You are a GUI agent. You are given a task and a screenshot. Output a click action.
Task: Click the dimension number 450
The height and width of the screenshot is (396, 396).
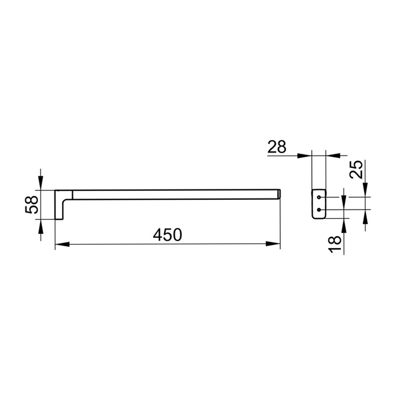[167, 235]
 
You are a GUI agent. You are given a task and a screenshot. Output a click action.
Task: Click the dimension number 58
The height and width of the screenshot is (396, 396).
[32, 205]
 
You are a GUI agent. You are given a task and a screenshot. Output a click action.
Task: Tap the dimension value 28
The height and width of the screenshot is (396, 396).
[277, 147]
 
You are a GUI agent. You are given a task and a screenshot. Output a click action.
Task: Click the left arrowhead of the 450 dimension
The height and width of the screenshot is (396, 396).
[62, 244]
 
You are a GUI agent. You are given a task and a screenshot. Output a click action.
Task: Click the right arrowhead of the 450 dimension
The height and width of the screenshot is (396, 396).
[273, 244]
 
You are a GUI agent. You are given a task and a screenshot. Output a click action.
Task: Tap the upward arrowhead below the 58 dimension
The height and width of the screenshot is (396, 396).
[41, 226]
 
